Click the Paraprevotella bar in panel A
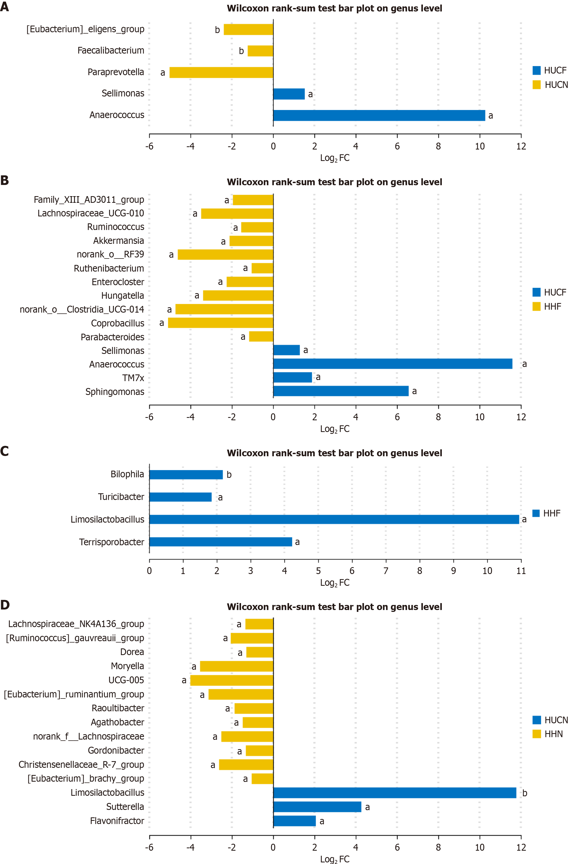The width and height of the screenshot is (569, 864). (221, 72)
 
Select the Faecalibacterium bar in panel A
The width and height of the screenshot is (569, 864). (260, 51)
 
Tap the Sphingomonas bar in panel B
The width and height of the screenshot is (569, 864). (340, 391)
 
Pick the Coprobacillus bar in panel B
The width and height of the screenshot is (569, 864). (221, 323)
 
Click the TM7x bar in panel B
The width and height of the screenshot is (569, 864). (292, 377)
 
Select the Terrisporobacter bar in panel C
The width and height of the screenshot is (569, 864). (221, 542)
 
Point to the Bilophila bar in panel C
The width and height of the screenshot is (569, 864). (186, 474)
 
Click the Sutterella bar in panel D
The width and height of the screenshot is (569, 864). (317, 807)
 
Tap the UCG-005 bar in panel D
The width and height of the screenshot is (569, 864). (232, 680)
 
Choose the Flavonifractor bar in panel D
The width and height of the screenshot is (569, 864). (294, 821)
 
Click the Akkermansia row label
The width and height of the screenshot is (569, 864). (118, 241)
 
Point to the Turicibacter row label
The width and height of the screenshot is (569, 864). (121, 496)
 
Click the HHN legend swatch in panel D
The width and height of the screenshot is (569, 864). (536, 734)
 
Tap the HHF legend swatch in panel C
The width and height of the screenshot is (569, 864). (536, 513)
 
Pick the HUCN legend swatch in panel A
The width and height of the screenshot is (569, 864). (536, 84)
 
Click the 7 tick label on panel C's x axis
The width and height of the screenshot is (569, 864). (386, 571)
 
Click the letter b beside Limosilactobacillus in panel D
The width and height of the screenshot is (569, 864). (525, 793)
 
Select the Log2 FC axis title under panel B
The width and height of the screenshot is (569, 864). (334, 429)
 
